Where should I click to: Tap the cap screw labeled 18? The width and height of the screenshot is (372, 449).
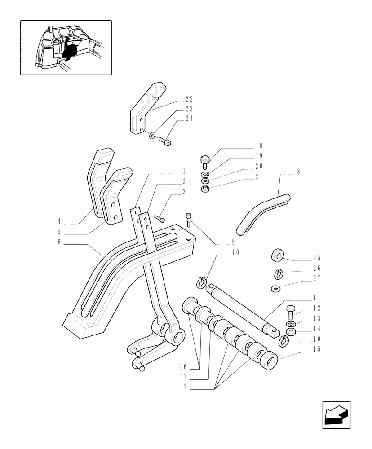click(x=204, y=160)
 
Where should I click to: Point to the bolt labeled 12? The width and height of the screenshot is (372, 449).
click(x=290, y=311)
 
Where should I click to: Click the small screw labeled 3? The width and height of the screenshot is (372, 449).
click(x=159, y=219)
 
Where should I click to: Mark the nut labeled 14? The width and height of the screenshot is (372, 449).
click(x=290, y=333)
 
